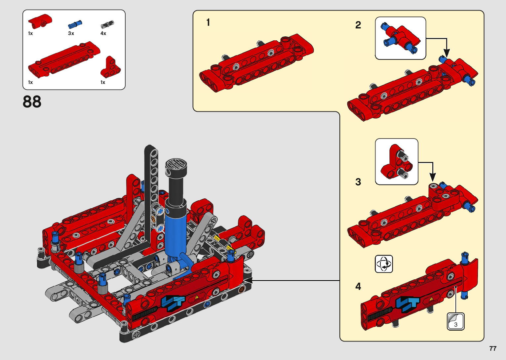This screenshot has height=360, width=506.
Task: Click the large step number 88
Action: tap(32, 102)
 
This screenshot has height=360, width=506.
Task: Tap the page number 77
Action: tap(493, 348)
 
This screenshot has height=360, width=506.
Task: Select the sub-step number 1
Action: tap(208, 22)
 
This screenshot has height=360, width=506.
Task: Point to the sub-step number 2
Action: tap(358, 25)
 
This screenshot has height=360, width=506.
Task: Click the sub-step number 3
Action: tap(358, 182)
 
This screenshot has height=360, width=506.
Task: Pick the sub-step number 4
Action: tap(358, 286)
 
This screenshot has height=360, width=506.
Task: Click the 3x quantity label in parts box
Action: tap(71, 33)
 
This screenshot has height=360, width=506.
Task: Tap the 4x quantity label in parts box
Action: tap(103, 33)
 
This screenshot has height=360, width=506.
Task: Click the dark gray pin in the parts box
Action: tap(107, 24)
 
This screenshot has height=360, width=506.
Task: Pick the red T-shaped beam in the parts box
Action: tap(110, 67)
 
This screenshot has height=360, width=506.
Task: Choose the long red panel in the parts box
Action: tap(64, 60)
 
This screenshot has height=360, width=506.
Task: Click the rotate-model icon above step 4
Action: tap(384, 264)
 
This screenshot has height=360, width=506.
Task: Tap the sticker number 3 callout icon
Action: tap(456, 321)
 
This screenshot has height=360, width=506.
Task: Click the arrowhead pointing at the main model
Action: tap(248, 280)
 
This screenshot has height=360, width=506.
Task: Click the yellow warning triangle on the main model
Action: tap(197, 297)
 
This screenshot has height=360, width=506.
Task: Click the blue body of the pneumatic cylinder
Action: tap(176, 235)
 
